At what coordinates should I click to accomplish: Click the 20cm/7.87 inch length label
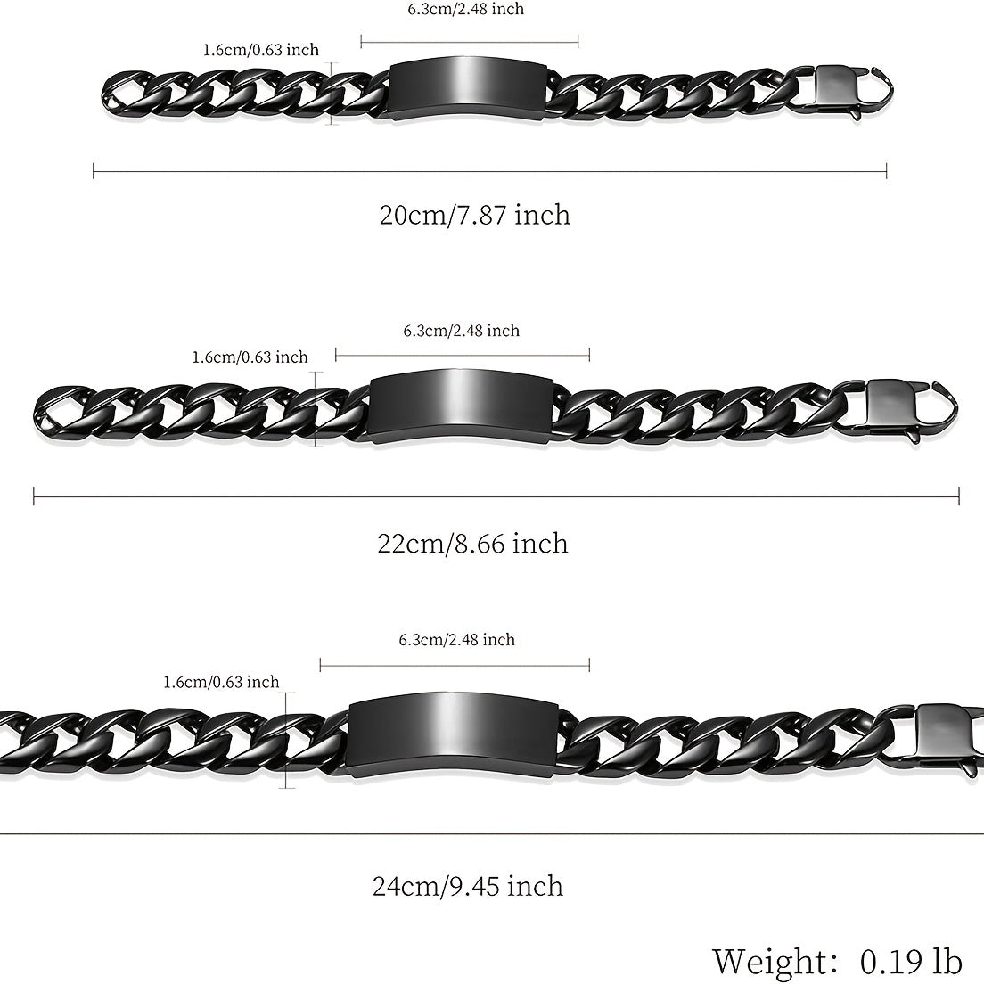click(x=475, y=215)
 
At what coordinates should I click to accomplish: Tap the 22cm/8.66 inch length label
click(x=473, y=544)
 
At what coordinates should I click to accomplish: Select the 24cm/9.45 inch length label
click(x=468, y=886)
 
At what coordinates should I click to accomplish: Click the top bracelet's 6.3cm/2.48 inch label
click(x=465, y=10)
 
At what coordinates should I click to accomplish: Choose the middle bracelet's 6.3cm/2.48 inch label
click(x=461, y=331)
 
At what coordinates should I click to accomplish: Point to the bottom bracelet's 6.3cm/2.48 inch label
click(x=456, y=640)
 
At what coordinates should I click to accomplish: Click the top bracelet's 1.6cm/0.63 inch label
click(x=260, y=50)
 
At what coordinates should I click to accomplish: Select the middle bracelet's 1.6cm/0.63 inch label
click(x=250, y=357)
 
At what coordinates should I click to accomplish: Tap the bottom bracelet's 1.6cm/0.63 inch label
click(x=221, y=683)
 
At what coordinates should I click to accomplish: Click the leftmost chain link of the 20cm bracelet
click(x=126, y=90)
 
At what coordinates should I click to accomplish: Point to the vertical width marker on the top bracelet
click(x=332, y=93)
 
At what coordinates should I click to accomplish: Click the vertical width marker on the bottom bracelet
click(x=287, y=741)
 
